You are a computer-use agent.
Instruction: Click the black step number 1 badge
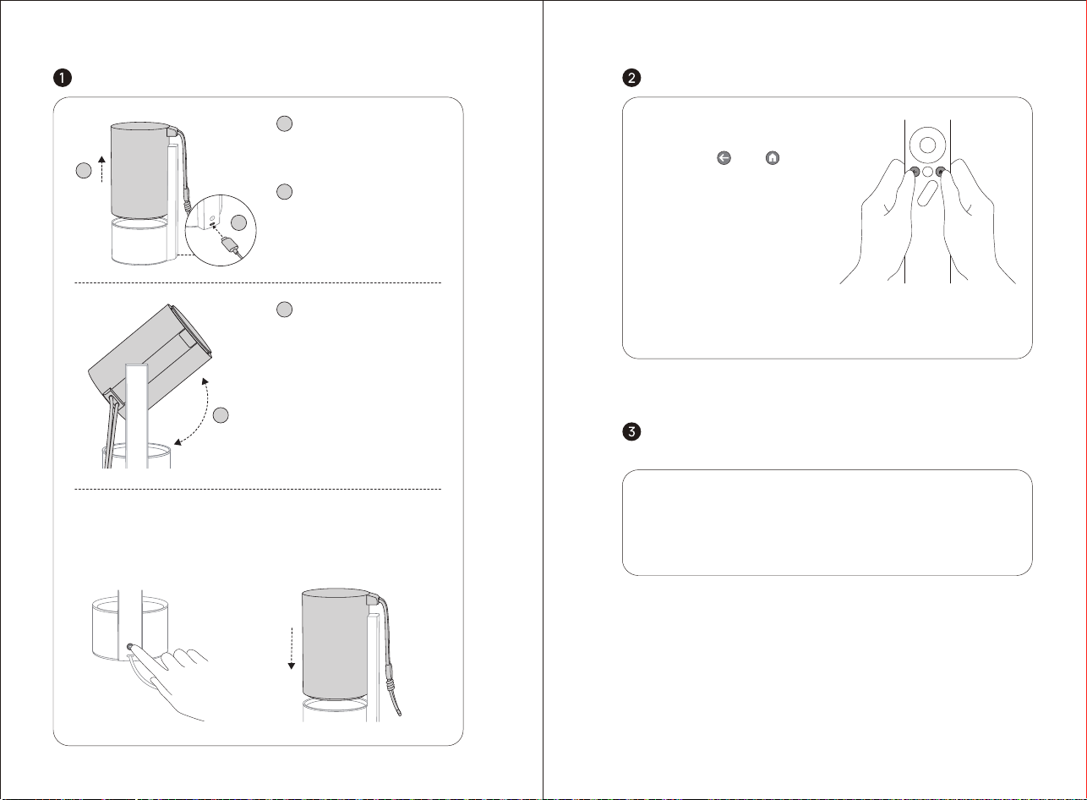pos(63,78)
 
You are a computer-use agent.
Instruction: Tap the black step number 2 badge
pos(631,78)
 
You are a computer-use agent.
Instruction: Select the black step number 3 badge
pos(631,431)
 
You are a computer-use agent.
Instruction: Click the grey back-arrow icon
pos(724,158)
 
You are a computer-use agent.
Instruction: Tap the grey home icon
pos(773,158)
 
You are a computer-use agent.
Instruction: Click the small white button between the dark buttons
pos(927,172)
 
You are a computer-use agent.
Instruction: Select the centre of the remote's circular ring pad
pos(927,145)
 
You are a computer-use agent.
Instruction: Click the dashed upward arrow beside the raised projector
pos(101,169)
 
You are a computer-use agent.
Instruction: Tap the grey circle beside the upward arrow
pos(84,170)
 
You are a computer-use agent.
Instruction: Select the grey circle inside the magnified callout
pos(238,222)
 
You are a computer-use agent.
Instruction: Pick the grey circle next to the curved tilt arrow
pos(221,415)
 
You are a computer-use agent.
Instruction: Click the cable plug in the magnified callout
pos(229,244)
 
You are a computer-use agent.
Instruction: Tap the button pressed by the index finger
pos(129,647)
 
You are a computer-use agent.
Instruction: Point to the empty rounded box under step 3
pos(827,523)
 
